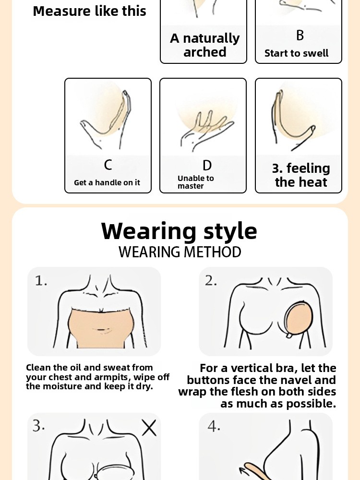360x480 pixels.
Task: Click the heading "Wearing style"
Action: (x=179, y=231)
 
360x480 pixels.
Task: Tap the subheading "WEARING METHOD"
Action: (x=180, y=252)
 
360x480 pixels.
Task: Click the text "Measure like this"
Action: (x=89, y=12)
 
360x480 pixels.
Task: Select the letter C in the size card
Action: (x=108, y=165)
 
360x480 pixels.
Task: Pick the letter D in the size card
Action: (x=207, y=165)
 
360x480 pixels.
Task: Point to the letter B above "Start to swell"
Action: (x=300, y=35)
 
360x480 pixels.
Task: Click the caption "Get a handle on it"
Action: (x=107, y=182)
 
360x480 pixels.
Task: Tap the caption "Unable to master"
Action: (x=196, y=182)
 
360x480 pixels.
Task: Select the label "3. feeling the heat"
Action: (x=301, y=175)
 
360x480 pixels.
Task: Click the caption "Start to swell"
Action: (x=296, y=53)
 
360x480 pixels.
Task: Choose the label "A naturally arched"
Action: (x=205, y=45)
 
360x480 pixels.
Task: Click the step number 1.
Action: (x=41, y=281)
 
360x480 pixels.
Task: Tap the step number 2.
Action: (x=211, y=281)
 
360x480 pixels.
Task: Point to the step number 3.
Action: (x=38, y=426)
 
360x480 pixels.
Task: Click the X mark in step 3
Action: (x=149, y=428)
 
